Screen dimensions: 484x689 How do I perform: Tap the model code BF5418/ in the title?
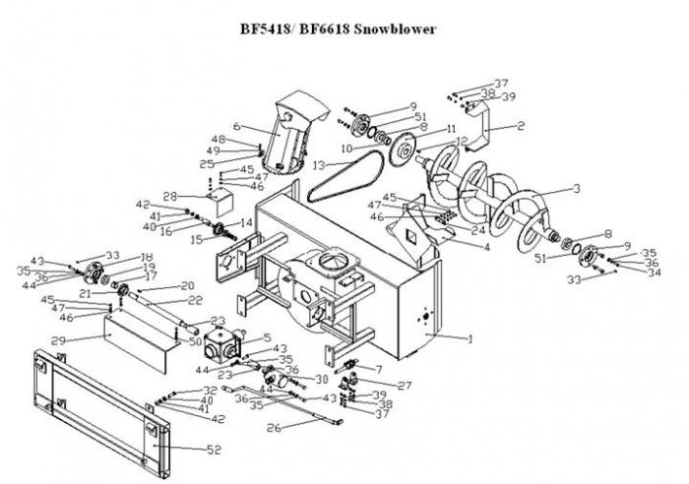pyautogui.click(x=274, y=29)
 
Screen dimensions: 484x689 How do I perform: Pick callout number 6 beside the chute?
pyautogui.click(x=237, y=125)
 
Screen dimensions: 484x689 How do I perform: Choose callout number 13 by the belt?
pyautogui.click(x=319, y=165)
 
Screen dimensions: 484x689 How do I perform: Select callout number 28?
pyautogui.click(x=169, y=196)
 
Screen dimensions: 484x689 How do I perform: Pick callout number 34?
pyautogui.click(x=625, y=272)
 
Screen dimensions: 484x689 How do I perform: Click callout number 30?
pyautogui.click(x=321, y=379)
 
